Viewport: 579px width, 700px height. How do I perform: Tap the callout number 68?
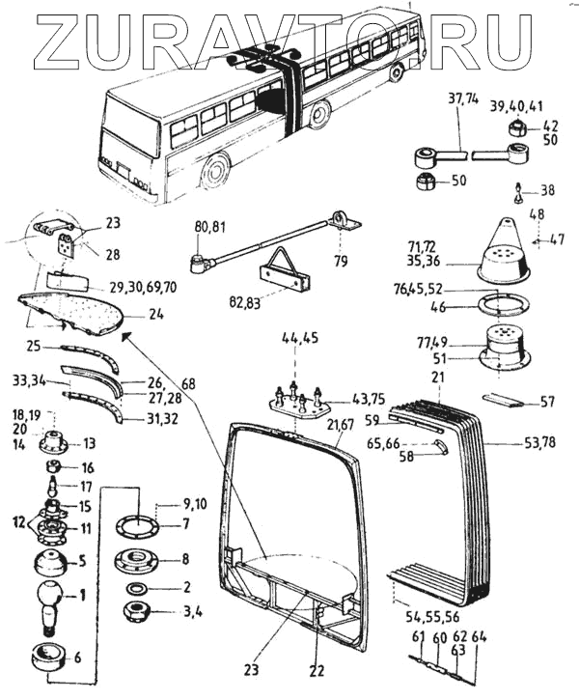point(187,383)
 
